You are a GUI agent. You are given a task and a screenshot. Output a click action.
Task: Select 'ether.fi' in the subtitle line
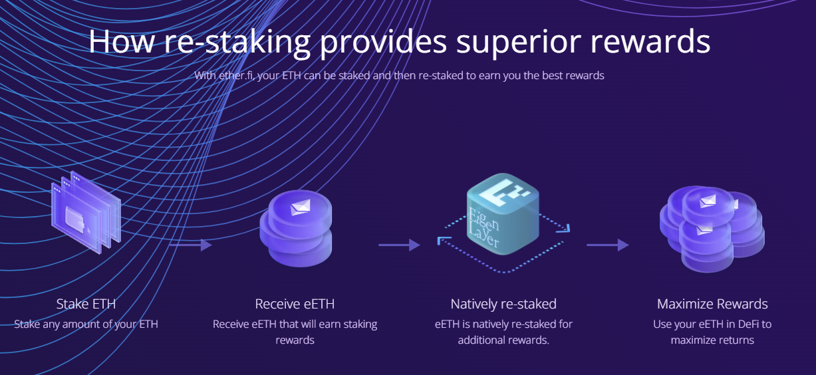tap(237, 75)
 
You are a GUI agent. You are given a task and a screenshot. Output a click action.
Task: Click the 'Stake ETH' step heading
tap(86, 304)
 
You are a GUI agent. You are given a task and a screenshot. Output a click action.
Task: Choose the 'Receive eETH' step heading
tap(295, 304)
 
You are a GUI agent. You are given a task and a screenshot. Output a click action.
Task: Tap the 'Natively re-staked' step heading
tap(503, 304)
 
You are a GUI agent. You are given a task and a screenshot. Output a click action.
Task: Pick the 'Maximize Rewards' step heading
tap(712, 304)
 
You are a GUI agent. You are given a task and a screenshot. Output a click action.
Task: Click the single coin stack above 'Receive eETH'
tap(295, 229)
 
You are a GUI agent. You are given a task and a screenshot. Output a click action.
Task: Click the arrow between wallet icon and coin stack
tap(190, 245)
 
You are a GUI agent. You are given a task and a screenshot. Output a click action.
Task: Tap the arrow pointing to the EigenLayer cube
tap(399, 245)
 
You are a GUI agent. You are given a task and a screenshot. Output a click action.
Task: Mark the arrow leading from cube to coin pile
tap(607, 245)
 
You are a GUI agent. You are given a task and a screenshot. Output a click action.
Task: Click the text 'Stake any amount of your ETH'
tap(86, 324)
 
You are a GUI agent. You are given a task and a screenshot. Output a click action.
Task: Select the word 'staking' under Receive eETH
tap(359, 324)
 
